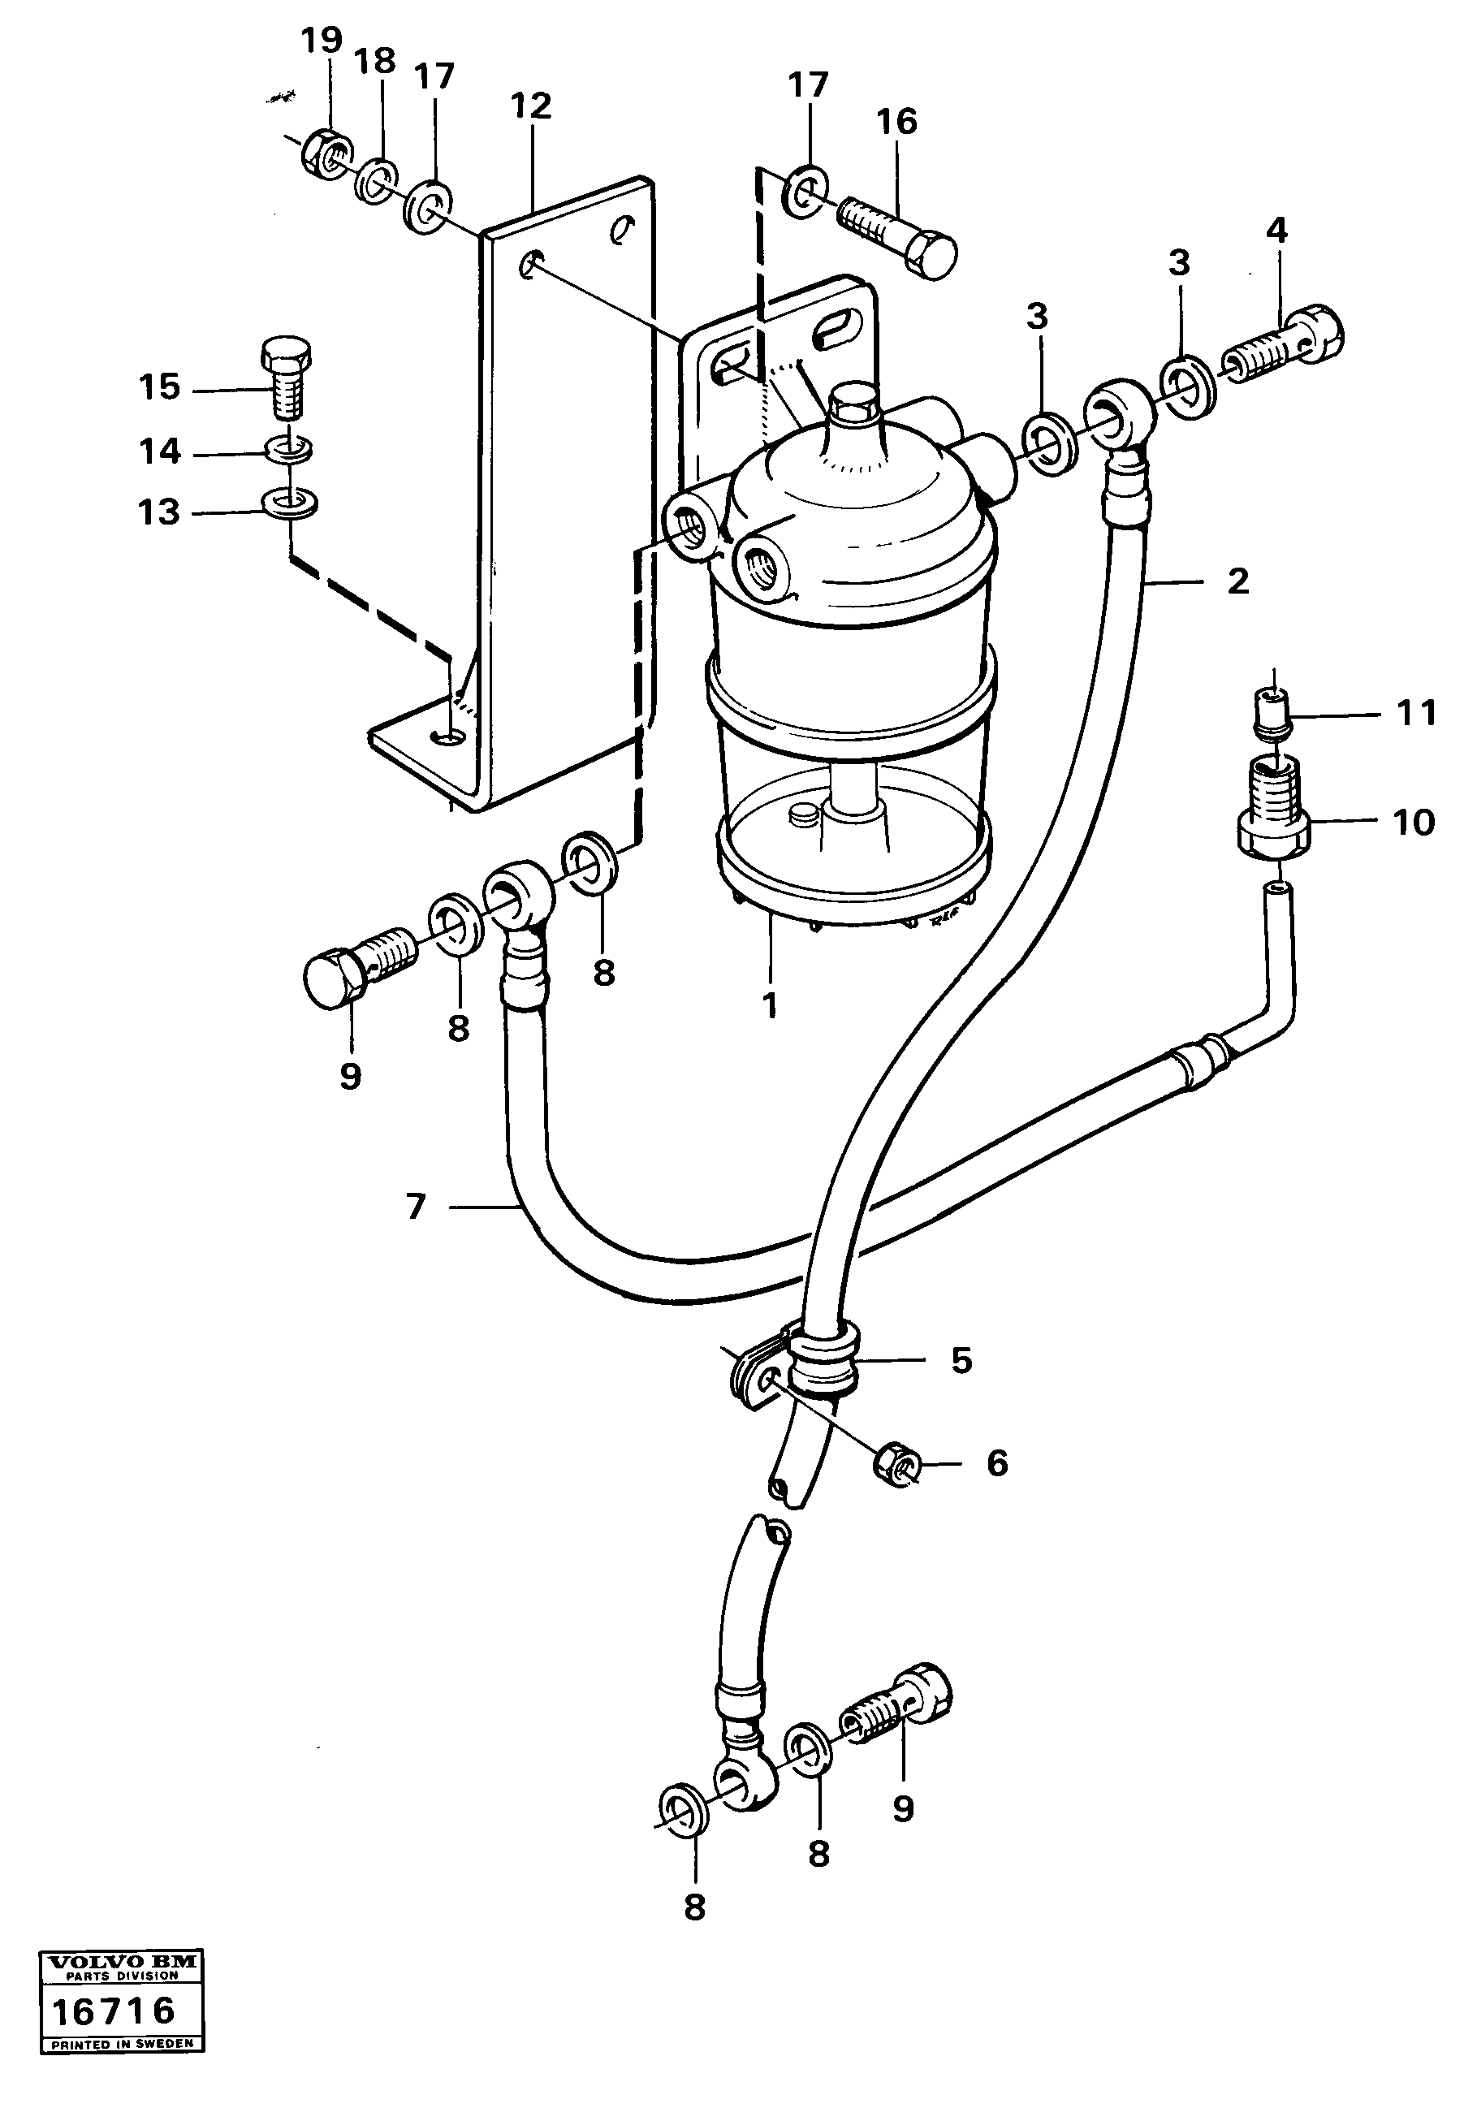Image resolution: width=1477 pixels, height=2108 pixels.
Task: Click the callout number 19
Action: (x=322, y=41)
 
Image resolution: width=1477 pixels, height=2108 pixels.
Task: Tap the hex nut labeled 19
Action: (x=326, y=152)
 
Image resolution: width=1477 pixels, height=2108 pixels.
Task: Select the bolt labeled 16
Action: (x=898, y=235)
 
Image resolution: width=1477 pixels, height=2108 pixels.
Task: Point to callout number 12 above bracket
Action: (x=532, y=106)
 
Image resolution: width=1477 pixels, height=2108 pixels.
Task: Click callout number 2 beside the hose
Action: (x=1237, y=581)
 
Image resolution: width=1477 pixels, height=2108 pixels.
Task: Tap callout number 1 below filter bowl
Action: (x=769, y=1005)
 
